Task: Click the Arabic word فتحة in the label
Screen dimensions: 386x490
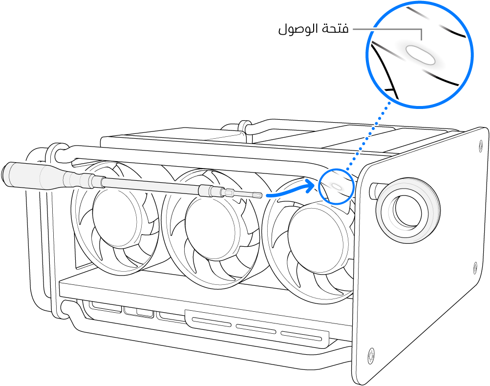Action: (x=335, y=30)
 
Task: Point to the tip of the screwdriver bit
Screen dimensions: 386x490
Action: (x=261, y=195)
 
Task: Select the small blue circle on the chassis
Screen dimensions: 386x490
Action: (x=336, y=186)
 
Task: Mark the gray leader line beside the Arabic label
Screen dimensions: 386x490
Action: (x=386, y=29)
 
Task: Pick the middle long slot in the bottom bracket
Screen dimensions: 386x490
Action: (x=255, y=328)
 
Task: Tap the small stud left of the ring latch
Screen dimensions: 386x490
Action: (x=374, y=189)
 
